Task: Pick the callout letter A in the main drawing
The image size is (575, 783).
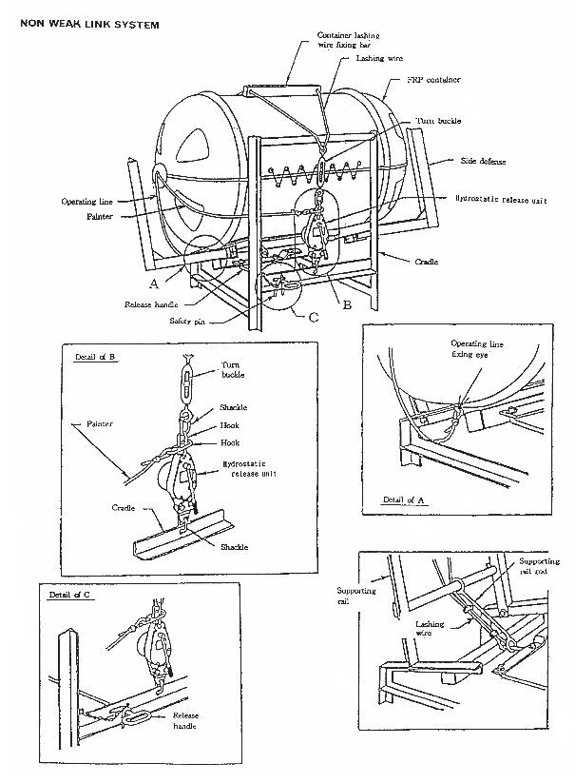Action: coord(154,283)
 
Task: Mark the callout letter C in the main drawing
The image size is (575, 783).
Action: coord(313,316)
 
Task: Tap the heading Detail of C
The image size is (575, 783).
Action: coord(69,595)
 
